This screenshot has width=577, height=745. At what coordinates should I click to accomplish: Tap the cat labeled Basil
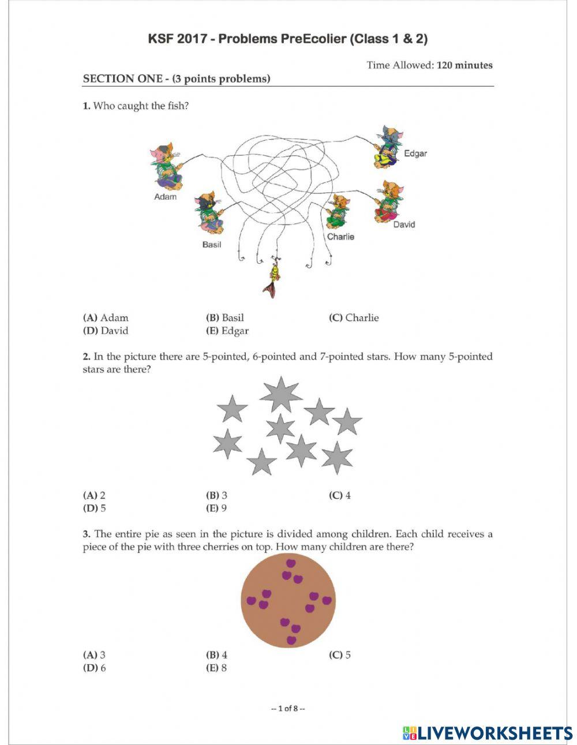208,213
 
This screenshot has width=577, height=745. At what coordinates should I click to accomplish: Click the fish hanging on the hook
273,279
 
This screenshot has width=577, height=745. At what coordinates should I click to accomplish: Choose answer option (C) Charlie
354,317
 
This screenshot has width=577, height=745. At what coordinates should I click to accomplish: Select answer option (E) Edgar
227,331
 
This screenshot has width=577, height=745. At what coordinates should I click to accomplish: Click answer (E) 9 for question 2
216,508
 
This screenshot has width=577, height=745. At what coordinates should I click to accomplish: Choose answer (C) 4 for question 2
340,495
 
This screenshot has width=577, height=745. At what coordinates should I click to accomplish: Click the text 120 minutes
464,65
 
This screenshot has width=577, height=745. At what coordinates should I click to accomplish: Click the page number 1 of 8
288,708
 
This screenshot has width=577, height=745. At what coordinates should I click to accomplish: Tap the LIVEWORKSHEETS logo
488,733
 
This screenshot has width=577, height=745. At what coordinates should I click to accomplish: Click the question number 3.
86,534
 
